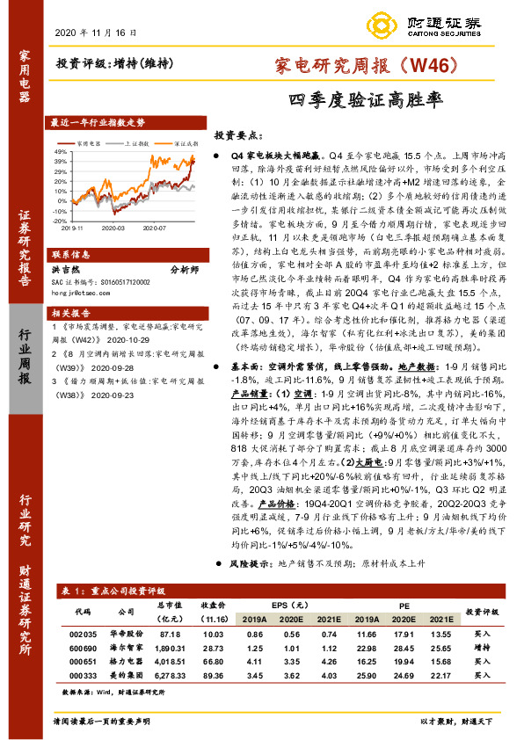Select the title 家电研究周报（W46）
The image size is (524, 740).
354,64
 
